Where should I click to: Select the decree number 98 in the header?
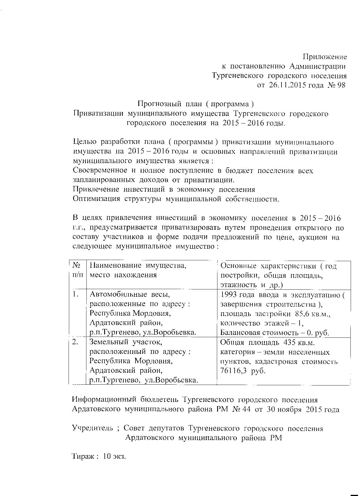pyautogui.click(x=341, y=85)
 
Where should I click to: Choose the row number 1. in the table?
pyautogui.click(x=75, y=294)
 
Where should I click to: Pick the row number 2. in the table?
pyautogui.click(x=75, y=342)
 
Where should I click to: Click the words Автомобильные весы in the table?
pyautogui.click(x=130, y=295)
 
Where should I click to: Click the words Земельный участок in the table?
pyautogui.click(x=126, y=342)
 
